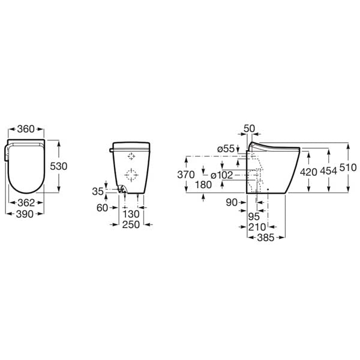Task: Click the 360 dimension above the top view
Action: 26,130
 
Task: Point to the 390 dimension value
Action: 26,214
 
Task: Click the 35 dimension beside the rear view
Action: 98,192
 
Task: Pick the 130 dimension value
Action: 131,214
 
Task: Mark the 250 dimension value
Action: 131,224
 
